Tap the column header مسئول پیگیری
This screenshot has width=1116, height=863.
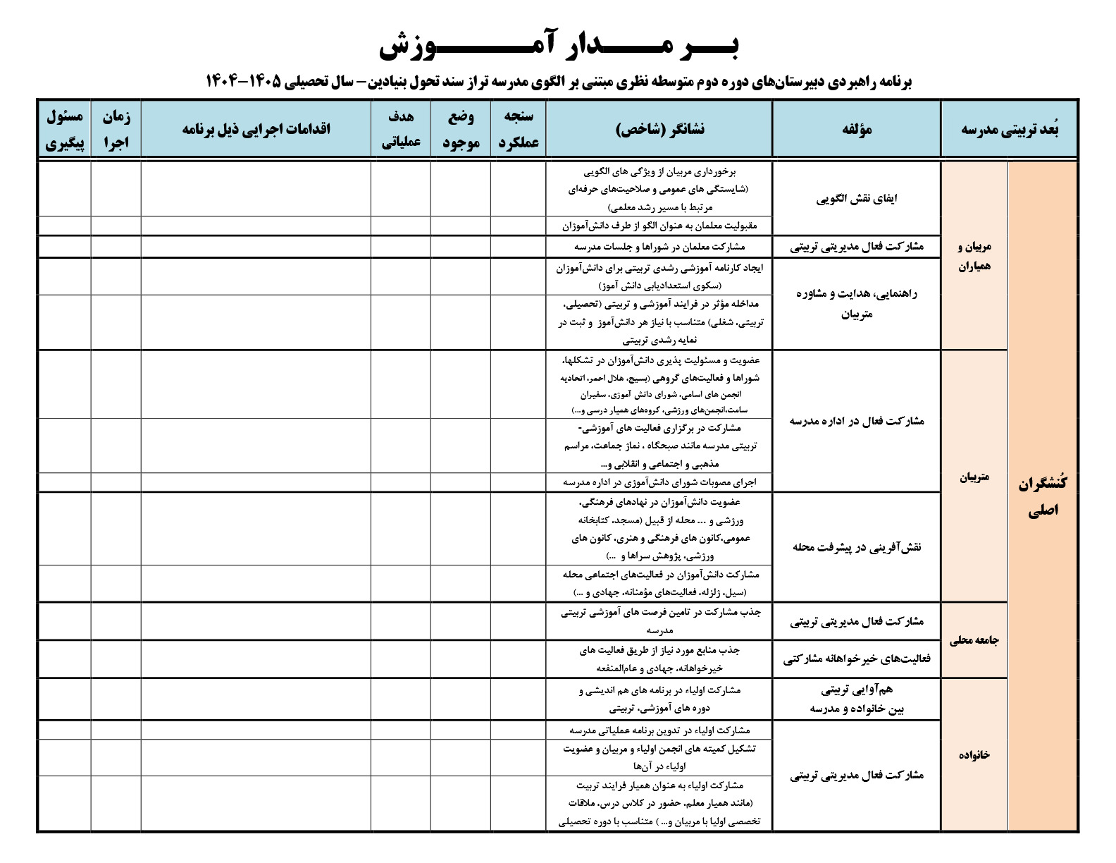tap(65, 130)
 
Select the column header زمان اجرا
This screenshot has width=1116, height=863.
tap(116, 130)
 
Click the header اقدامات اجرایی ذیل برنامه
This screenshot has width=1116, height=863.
tap(256, 129)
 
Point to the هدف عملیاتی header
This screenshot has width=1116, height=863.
tap(401, 130)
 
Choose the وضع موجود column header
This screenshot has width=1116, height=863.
tap(461, 130)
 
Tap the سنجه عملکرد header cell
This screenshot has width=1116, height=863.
tap(519, 130)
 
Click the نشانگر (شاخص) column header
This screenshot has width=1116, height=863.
tap(659, 129)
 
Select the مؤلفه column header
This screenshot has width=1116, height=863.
tap(857, 129)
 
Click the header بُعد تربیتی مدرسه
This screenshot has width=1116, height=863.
tap(1010, 129)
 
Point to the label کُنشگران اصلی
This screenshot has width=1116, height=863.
tap(1043, 496)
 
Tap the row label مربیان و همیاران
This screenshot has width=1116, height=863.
tap(974, 256)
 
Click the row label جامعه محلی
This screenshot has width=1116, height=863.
tap(974, 641)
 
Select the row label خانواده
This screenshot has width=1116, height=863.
tap(974, 754)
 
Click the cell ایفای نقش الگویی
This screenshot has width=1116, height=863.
tap(857, 199)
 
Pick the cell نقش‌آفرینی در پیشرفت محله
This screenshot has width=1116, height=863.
tap(857, 546)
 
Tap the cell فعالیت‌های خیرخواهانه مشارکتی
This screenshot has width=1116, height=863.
tap(857, 659)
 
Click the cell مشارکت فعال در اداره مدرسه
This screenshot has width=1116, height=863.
tap(857, 421)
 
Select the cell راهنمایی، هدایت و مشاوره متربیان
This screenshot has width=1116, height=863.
tap(857, 304)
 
